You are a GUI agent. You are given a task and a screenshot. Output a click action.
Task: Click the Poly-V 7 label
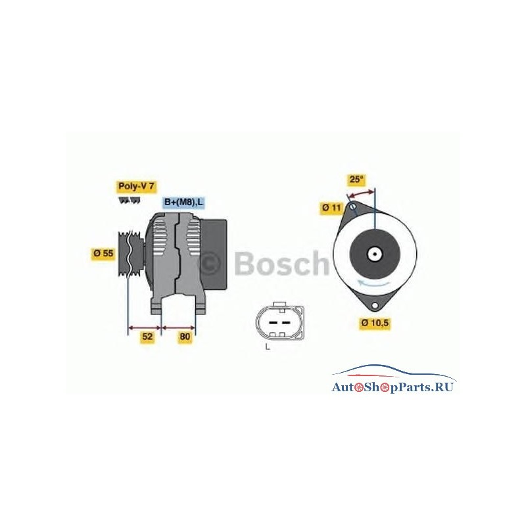(137, 187)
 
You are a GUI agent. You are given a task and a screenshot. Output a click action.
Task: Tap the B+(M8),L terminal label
(183, 203)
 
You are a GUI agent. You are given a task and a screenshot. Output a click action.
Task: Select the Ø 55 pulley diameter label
(104, 253)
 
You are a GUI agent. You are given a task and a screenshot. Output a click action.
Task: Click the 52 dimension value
(147, 337)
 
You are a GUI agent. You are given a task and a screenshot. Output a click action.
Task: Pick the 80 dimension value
(185, 337)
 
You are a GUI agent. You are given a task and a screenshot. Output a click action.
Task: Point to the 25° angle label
(356, 179)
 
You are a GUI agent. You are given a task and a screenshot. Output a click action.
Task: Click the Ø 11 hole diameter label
(331, 208)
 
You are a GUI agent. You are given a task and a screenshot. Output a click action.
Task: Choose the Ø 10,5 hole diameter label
(375, 323)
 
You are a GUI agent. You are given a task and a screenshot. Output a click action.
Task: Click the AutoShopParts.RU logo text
(393, 387)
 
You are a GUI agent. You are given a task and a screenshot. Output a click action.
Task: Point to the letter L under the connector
(268, 347)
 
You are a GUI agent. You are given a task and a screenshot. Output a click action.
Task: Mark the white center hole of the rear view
(374, 254)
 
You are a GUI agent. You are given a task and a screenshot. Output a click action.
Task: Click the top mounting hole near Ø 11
(353, 206)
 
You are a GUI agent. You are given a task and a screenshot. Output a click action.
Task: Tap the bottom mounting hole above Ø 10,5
(374, 305)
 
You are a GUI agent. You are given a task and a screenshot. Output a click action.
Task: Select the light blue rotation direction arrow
(373, 282)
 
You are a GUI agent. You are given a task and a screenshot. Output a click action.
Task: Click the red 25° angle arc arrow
(360, 193)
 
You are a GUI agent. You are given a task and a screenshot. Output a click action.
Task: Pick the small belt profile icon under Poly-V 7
(130, 201)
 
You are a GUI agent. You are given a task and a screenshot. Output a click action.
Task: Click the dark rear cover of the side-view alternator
(213, 254)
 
